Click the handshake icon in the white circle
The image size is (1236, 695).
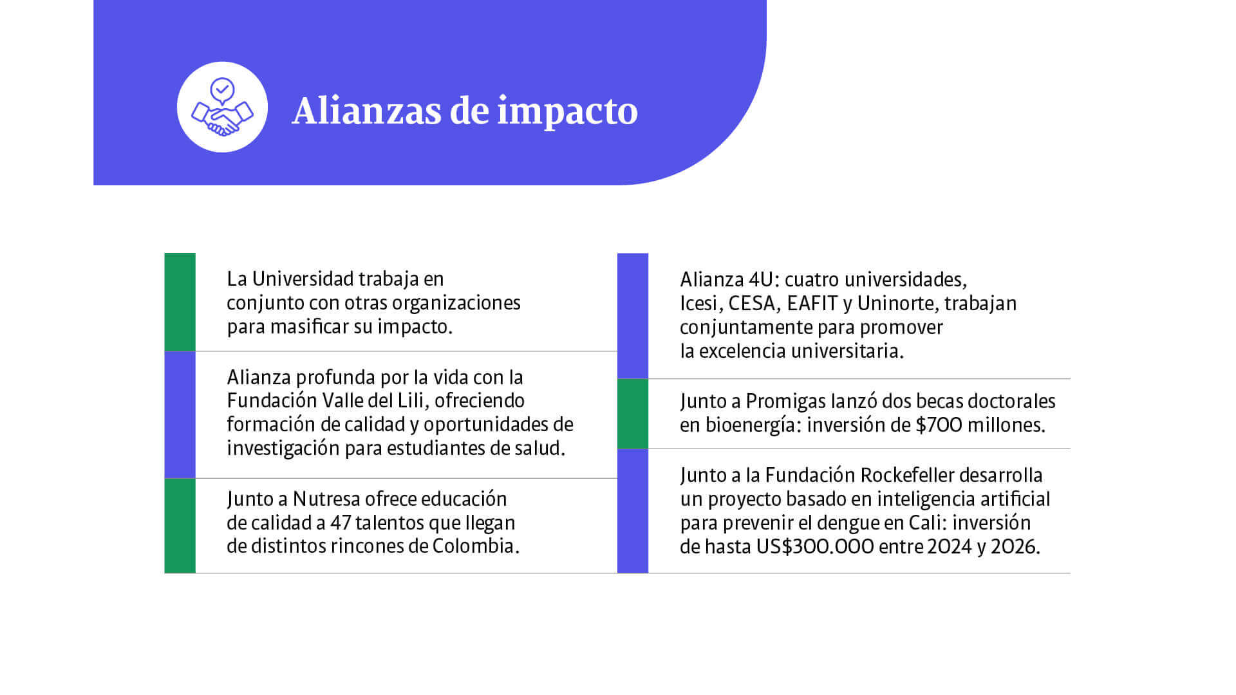[222, 107]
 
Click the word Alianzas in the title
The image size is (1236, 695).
[366, 111]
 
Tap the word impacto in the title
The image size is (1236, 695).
[567, 112]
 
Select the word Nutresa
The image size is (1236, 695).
[326, 499]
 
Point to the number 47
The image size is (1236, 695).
[341, 523]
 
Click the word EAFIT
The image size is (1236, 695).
[812, 303]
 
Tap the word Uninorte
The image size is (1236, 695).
[896, 303]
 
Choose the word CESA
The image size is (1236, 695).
[751, 303]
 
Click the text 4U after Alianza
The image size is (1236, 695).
[764, 279]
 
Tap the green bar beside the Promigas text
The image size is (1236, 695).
[633, 414]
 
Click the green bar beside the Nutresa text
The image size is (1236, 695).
[180, 525]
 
